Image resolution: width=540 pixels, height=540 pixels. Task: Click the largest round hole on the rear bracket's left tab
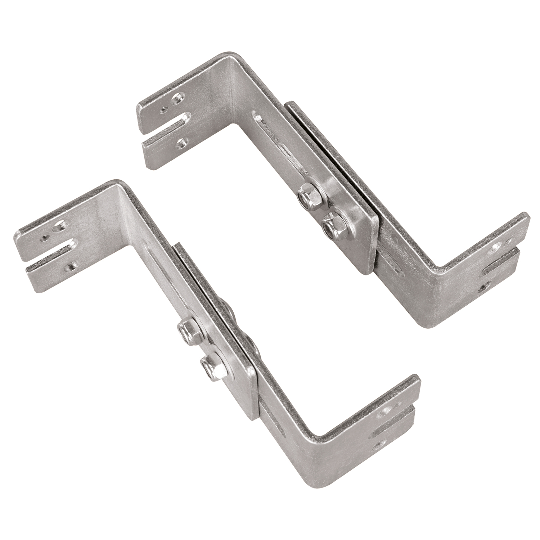pyautogui.click(x=177, y=98)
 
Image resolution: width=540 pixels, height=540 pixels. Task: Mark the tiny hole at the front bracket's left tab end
pyautogui.click(x=45, y=237)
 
